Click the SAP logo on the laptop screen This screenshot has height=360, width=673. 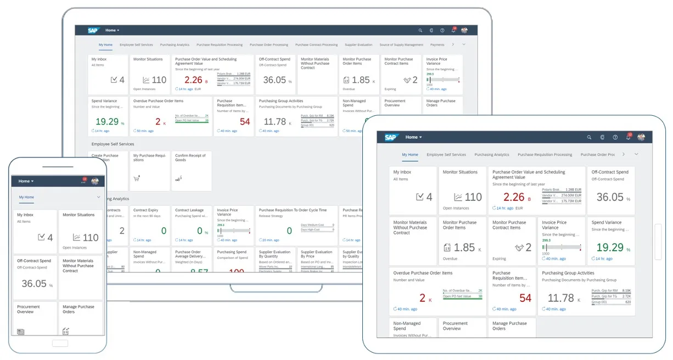click(93, 31)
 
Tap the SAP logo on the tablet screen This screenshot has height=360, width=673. click(390, 137)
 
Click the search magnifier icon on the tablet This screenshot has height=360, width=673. click(589, 137)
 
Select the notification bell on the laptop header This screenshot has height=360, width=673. click(453, 31)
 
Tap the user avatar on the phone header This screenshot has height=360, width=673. click(94, 181)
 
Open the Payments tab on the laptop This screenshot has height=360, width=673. click(438, 45)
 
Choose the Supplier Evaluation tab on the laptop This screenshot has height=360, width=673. click(358, 45)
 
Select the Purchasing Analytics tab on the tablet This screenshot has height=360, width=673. click(492, 155)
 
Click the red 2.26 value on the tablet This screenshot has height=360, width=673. click(514, 197)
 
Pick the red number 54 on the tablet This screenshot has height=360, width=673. click(525, 298)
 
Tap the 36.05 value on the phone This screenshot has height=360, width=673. click(34, 284)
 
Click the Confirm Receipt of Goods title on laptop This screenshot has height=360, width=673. click(190, 157)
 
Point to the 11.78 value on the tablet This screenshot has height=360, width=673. click(560, 298)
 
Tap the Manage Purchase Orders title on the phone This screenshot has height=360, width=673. click(78, 309)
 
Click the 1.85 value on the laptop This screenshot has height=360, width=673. click(361, 80)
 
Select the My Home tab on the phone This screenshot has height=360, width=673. click(26, 197)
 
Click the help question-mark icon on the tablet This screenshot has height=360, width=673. click(615, 137)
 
